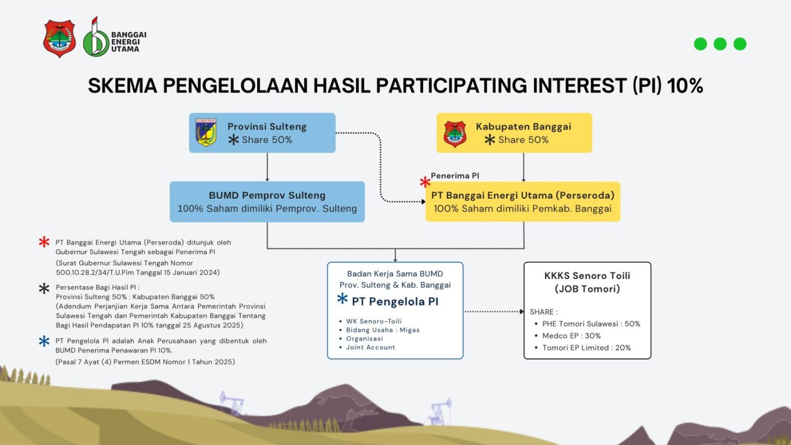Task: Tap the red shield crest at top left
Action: pyautogui.click(x=59, y=38)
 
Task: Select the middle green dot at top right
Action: pyautogui.click(x=720, y=44)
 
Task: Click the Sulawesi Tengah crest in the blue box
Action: pyautogui.click(x=206, y=133)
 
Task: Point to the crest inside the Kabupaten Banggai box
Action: pyautogui.click(x=455, y=134)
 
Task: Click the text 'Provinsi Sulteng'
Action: pyautogui.click(x=267, y=126)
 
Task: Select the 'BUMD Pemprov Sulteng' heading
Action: pyautogui.click(x=267, y=195)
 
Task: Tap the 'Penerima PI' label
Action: pyautogui.click(x=455, y=176)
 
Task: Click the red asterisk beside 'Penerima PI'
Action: pyautogui.click(x=425, y=182)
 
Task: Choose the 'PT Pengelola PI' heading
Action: pyautogui.click(x=395, y=302)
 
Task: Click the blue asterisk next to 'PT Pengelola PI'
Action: pyautogui.click(x=342, y=299)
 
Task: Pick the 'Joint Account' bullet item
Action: pyautogui.click(x=371, y=347)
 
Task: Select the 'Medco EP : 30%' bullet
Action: pyautogui.click(x=571, y=335)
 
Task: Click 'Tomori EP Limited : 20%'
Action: pyautogui.click(x=586, y=348)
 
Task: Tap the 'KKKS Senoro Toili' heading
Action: pyautogui.click(x=587, y=276)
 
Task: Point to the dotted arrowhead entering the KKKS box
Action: pyautogui.click(x=521, y=312)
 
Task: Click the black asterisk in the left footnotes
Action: pyautogui.click(x=44, y=289)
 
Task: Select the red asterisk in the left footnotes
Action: pyautogui.click(x=44, y=242)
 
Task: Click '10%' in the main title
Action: pyautogui.click(x=685, y=86)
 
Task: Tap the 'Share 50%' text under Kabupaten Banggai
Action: pyautogui.click(x=523, y=139)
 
